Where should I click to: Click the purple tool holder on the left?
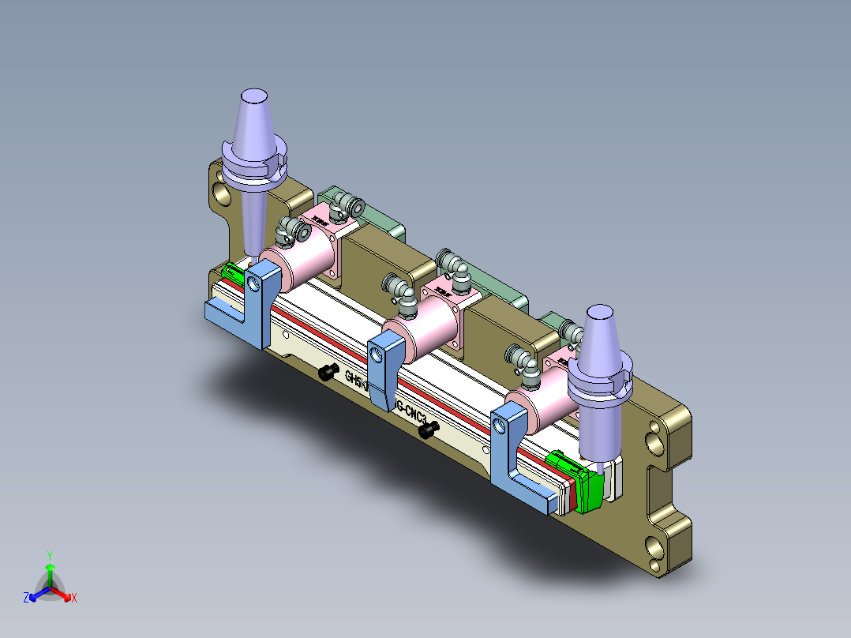pyautogui.click(x=253, y=158)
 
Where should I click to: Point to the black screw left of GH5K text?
pyautogui.click(x=328, y=373)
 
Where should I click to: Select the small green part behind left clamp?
pyautogui.click(x=234, y=273)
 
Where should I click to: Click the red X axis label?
pyautogui.click(x=74, y=599)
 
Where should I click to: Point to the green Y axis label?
pyautogui.click(x=49, y=555)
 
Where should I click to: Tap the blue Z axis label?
pyautogui.click(x=26, y=599)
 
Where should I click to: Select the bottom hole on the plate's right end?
pyautogui.click(x=655, y=545)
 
